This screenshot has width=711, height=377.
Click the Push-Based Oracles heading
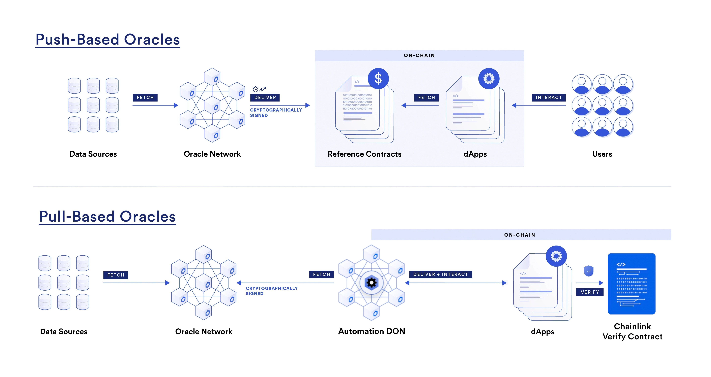(x=108, y=39)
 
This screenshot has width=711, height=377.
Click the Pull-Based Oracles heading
(x=107, y=217)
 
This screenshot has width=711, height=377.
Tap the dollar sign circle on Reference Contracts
(x=378, y=78)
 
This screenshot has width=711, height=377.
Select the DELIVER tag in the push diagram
(x=265, y=97)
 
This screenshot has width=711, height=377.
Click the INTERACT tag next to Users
(x=548, y=97)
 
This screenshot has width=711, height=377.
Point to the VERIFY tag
(x=590, y=292)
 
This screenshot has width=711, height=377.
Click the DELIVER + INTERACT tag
(x=441, y=274)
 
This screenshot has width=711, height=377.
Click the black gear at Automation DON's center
(x=372, y=283)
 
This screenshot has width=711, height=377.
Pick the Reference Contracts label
(x=364, y=154)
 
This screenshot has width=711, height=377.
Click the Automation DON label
(x=372, y=331)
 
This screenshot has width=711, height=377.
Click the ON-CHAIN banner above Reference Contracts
(x=419, y=55)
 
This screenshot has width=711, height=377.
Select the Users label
(x=602, y=154)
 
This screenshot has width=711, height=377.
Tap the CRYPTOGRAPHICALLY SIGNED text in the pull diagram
(x=272, y=291)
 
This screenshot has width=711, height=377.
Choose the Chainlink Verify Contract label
(x=632, y=331)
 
